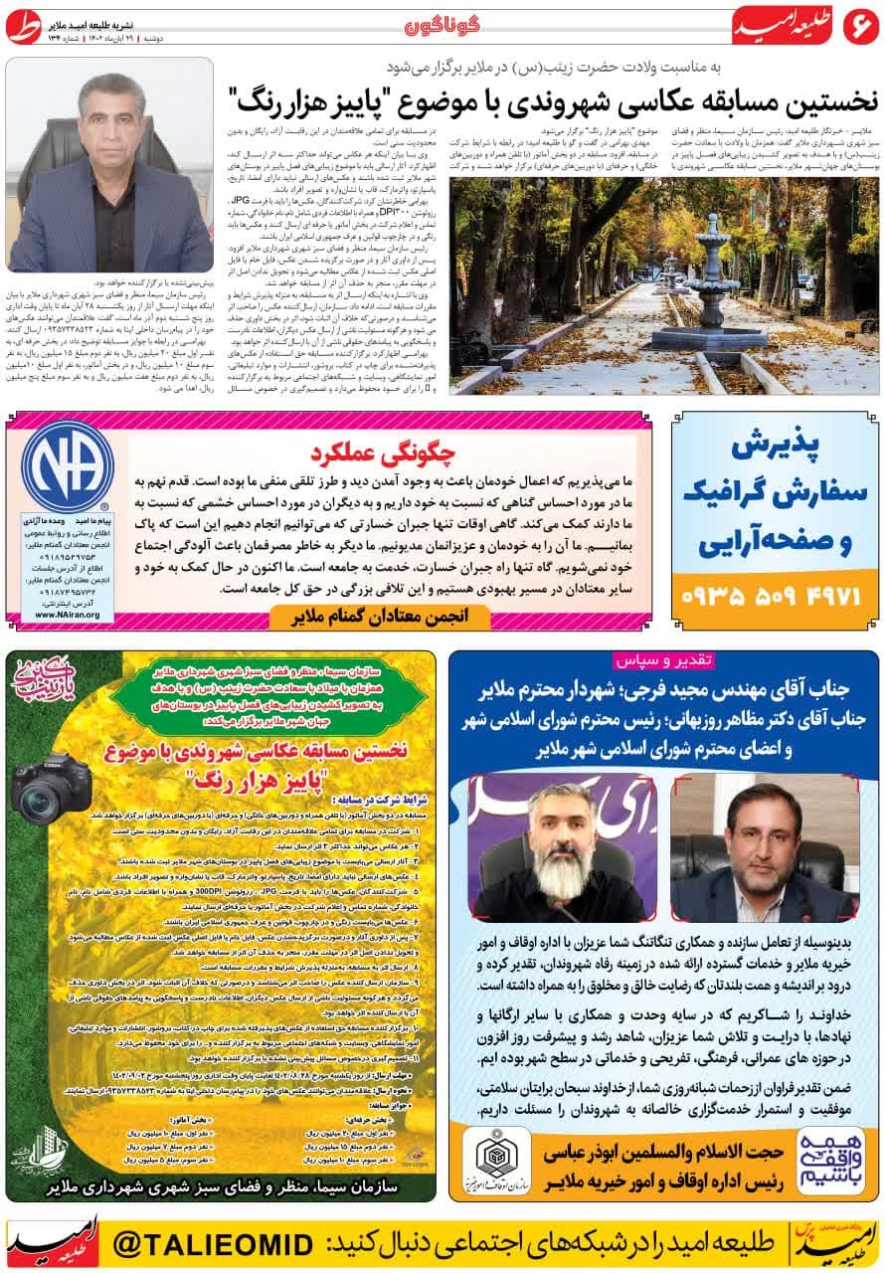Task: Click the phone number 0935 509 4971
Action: click(x=777, y=598)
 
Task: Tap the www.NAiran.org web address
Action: click(x=62, y=615)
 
